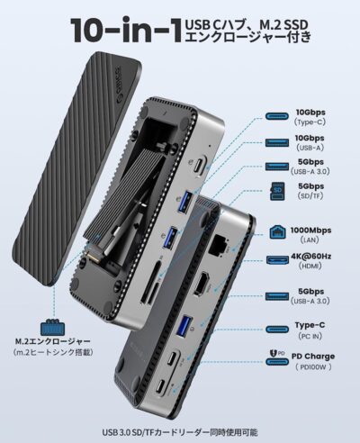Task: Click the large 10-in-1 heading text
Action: [126, 30]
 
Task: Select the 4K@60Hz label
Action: [310, 257]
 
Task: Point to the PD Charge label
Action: [313, 357]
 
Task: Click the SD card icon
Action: [278, 191]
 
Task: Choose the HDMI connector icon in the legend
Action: [277, 260]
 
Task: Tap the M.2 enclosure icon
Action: [52, 328]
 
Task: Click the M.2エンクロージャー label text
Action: [52, 341]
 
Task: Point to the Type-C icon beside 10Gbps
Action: [277, 116]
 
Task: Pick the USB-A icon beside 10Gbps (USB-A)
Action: [277, 142]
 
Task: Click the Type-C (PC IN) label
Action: [310, 330]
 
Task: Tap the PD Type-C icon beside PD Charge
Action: [277, 357]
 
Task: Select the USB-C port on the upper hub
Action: [200, 167]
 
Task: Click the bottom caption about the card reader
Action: [180, 432]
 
